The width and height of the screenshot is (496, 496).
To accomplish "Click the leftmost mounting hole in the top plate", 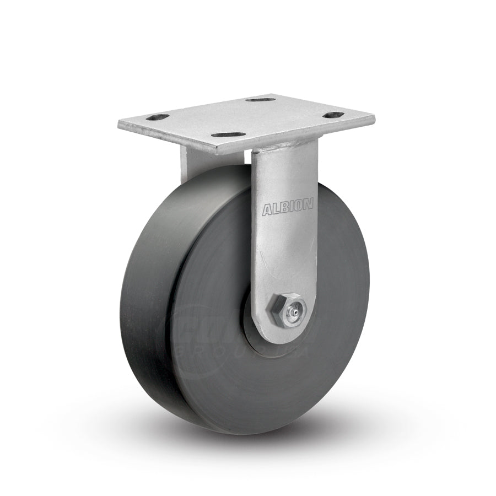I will tap(158, 117).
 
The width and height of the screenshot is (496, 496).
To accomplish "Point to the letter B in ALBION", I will tap(284, 208).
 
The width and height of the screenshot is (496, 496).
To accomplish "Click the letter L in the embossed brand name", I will tap(276, 208).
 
